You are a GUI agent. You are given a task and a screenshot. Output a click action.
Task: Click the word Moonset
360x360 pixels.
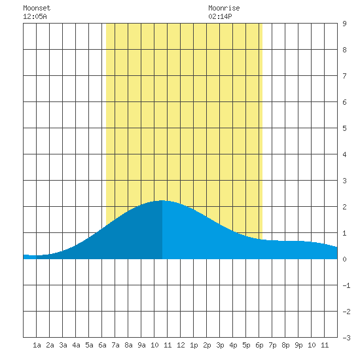tap(37, 8)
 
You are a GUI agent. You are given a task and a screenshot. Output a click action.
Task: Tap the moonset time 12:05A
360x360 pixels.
tap(35, 16)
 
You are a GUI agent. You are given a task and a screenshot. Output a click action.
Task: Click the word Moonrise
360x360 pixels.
tap(224, 8)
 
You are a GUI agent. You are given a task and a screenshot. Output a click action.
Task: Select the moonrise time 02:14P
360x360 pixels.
tap(220, 16)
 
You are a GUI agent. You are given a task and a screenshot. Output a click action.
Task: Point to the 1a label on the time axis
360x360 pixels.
tap(37, 345)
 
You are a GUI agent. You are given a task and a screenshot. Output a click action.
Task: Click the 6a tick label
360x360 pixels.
tap(102, 345)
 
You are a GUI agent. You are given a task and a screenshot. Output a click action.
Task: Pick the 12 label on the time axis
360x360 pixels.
tap(181, 345)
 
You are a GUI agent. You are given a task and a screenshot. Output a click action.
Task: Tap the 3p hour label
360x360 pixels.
tap(220, 345)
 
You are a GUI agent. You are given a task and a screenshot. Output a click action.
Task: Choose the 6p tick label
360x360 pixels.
tap(259, 345)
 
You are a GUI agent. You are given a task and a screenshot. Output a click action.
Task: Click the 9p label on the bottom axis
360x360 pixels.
tap(298, 345)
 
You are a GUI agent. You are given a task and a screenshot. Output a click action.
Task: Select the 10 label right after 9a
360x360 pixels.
tap(154, 345)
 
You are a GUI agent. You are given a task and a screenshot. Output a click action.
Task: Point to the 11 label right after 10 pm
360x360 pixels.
tap(325, 345)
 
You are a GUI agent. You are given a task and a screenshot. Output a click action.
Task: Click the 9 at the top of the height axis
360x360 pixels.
tap(344, 24)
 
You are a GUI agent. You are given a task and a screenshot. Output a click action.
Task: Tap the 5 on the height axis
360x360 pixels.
tap(344, 128)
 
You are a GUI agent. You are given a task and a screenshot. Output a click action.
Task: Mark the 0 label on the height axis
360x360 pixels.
tap(344, 259)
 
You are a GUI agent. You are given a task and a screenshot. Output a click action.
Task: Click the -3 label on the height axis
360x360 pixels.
tap(346, 338)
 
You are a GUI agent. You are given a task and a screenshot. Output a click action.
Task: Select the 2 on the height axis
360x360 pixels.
tap(344, 207)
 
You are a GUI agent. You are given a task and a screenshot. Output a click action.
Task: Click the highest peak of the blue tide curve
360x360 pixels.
tap(162, 201)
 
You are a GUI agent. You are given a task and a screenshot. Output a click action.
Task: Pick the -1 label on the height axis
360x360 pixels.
tap(346, 285)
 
